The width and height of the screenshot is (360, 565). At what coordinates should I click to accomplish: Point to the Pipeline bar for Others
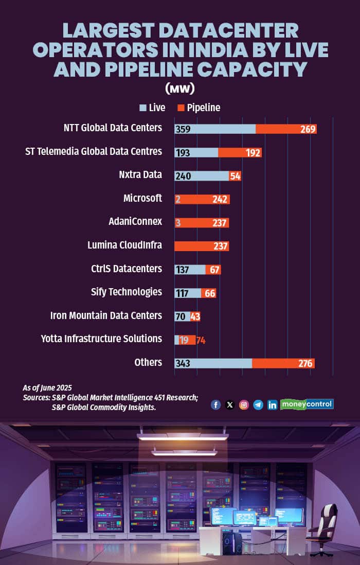click(x=283, y=363)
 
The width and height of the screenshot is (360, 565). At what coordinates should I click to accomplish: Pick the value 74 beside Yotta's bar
click(x=201, y=340)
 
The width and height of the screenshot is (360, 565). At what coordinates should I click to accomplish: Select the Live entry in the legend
click(x=153, y=108)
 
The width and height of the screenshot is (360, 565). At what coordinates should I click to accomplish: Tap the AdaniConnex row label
click(x=136, y=221)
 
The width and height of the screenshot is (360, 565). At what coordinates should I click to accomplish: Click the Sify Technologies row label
click(x=127, y=292)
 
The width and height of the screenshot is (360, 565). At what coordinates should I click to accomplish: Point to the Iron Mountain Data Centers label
click(x=106, y=315)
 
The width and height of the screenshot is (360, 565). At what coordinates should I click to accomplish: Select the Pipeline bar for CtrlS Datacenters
click(x=213, y=270)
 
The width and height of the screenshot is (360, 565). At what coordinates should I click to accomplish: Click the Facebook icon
click(x=215, y=404)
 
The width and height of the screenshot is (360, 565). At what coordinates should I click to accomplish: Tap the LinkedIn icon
click(x=272, y=404)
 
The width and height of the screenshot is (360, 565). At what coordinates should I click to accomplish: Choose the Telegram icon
click(x=258, y=404)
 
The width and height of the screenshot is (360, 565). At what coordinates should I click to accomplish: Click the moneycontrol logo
click(x=307, y=404)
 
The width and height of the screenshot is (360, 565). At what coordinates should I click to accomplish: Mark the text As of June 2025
click(x=47, y=387)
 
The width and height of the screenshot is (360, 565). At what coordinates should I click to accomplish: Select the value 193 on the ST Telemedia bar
click(x=183, y=152)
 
